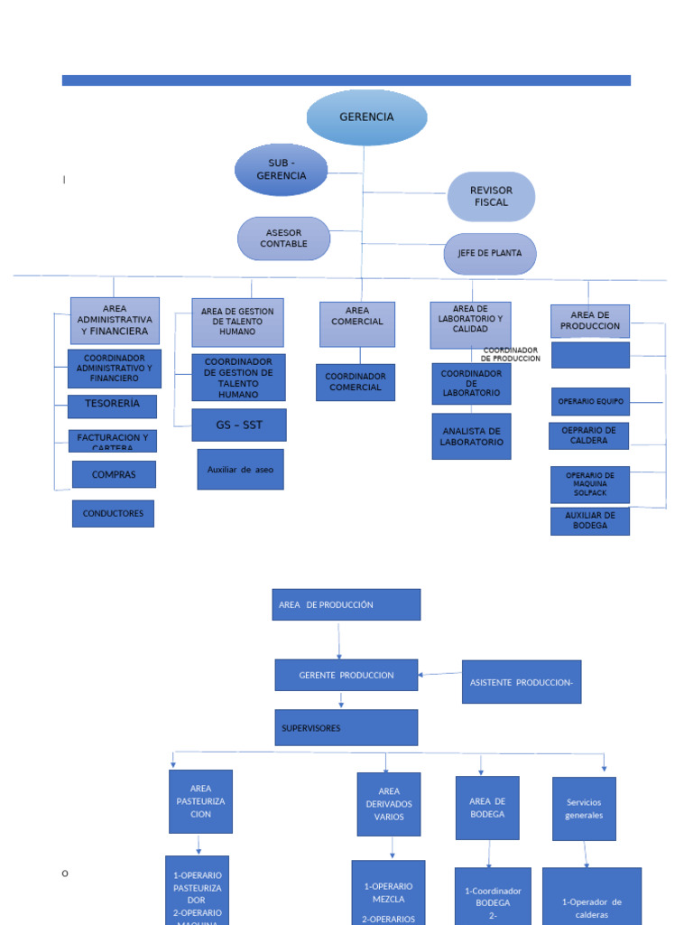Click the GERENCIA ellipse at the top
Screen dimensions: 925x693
(x=366, y=117)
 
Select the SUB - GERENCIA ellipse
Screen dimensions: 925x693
(x=282, y=170)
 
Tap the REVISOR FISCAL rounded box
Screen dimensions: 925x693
(x=491, y=197)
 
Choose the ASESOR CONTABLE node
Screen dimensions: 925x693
(x=283, y=238)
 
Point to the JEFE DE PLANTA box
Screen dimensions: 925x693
(x=490, y=254)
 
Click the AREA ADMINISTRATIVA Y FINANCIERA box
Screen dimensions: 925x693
(x=115, y=320)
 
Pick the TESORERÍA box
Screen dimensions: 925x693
(x=112, y=406)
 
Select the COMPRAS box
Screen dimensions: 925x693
(x=114, y=474)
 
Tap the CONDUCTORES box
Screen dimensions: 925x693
(x=113, y=514)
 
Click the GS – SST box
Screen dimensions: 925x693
(x=239, y=425)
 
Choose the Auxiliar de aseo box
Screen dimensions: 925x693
(x=240, y=470)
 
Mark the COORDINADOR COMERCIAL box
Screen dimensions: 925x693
(x=356, y=382)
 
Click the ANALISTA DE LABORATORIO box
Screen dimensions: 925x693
(x=471, y=436)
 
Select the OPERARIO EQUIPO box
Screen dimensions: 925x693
(x=590, y=401)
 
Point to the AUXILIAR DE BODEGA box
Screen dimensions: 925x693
(x=590, y=521)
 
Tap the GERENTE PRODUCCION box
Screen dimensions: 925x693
(x=346, y=675)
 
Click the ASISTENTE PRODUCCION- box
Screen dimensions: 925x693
(x=522, y=682)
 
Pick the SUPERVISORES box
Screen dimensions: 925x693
(x=346, y=727)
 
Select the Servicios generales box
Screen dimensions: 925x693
(x=584, y=808)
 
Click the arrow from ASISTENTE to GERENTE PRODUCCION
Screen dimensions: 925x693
(x=440, y=674)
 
